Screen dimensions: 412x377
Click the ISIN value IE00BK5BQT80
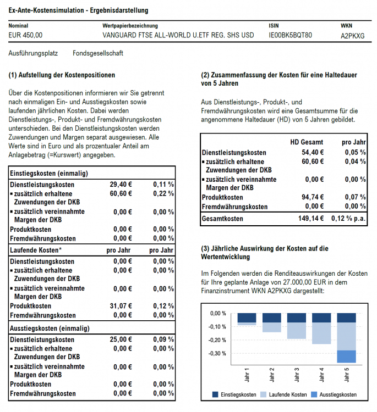pyautogui.click(x=290, y=35)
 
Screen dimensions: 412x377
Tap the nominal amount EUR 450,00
pyautogui.click(x=26, y=35)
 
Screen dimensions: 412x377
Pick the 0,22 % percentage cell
pyautogui.click(x=163, y=193)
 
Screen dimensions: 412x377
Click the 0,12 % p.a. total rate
pyautogui.click(x=348, y=219)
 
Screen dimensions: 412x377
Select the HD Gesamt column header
pyautogui.click(x=307, y=142)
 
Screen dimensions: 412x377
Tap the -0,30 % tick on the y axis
pyautogui.click(x=218, y=353)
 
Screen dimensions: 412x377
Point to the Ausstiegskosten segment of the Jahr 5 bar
pyautogui.click(x=346, y=356)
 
